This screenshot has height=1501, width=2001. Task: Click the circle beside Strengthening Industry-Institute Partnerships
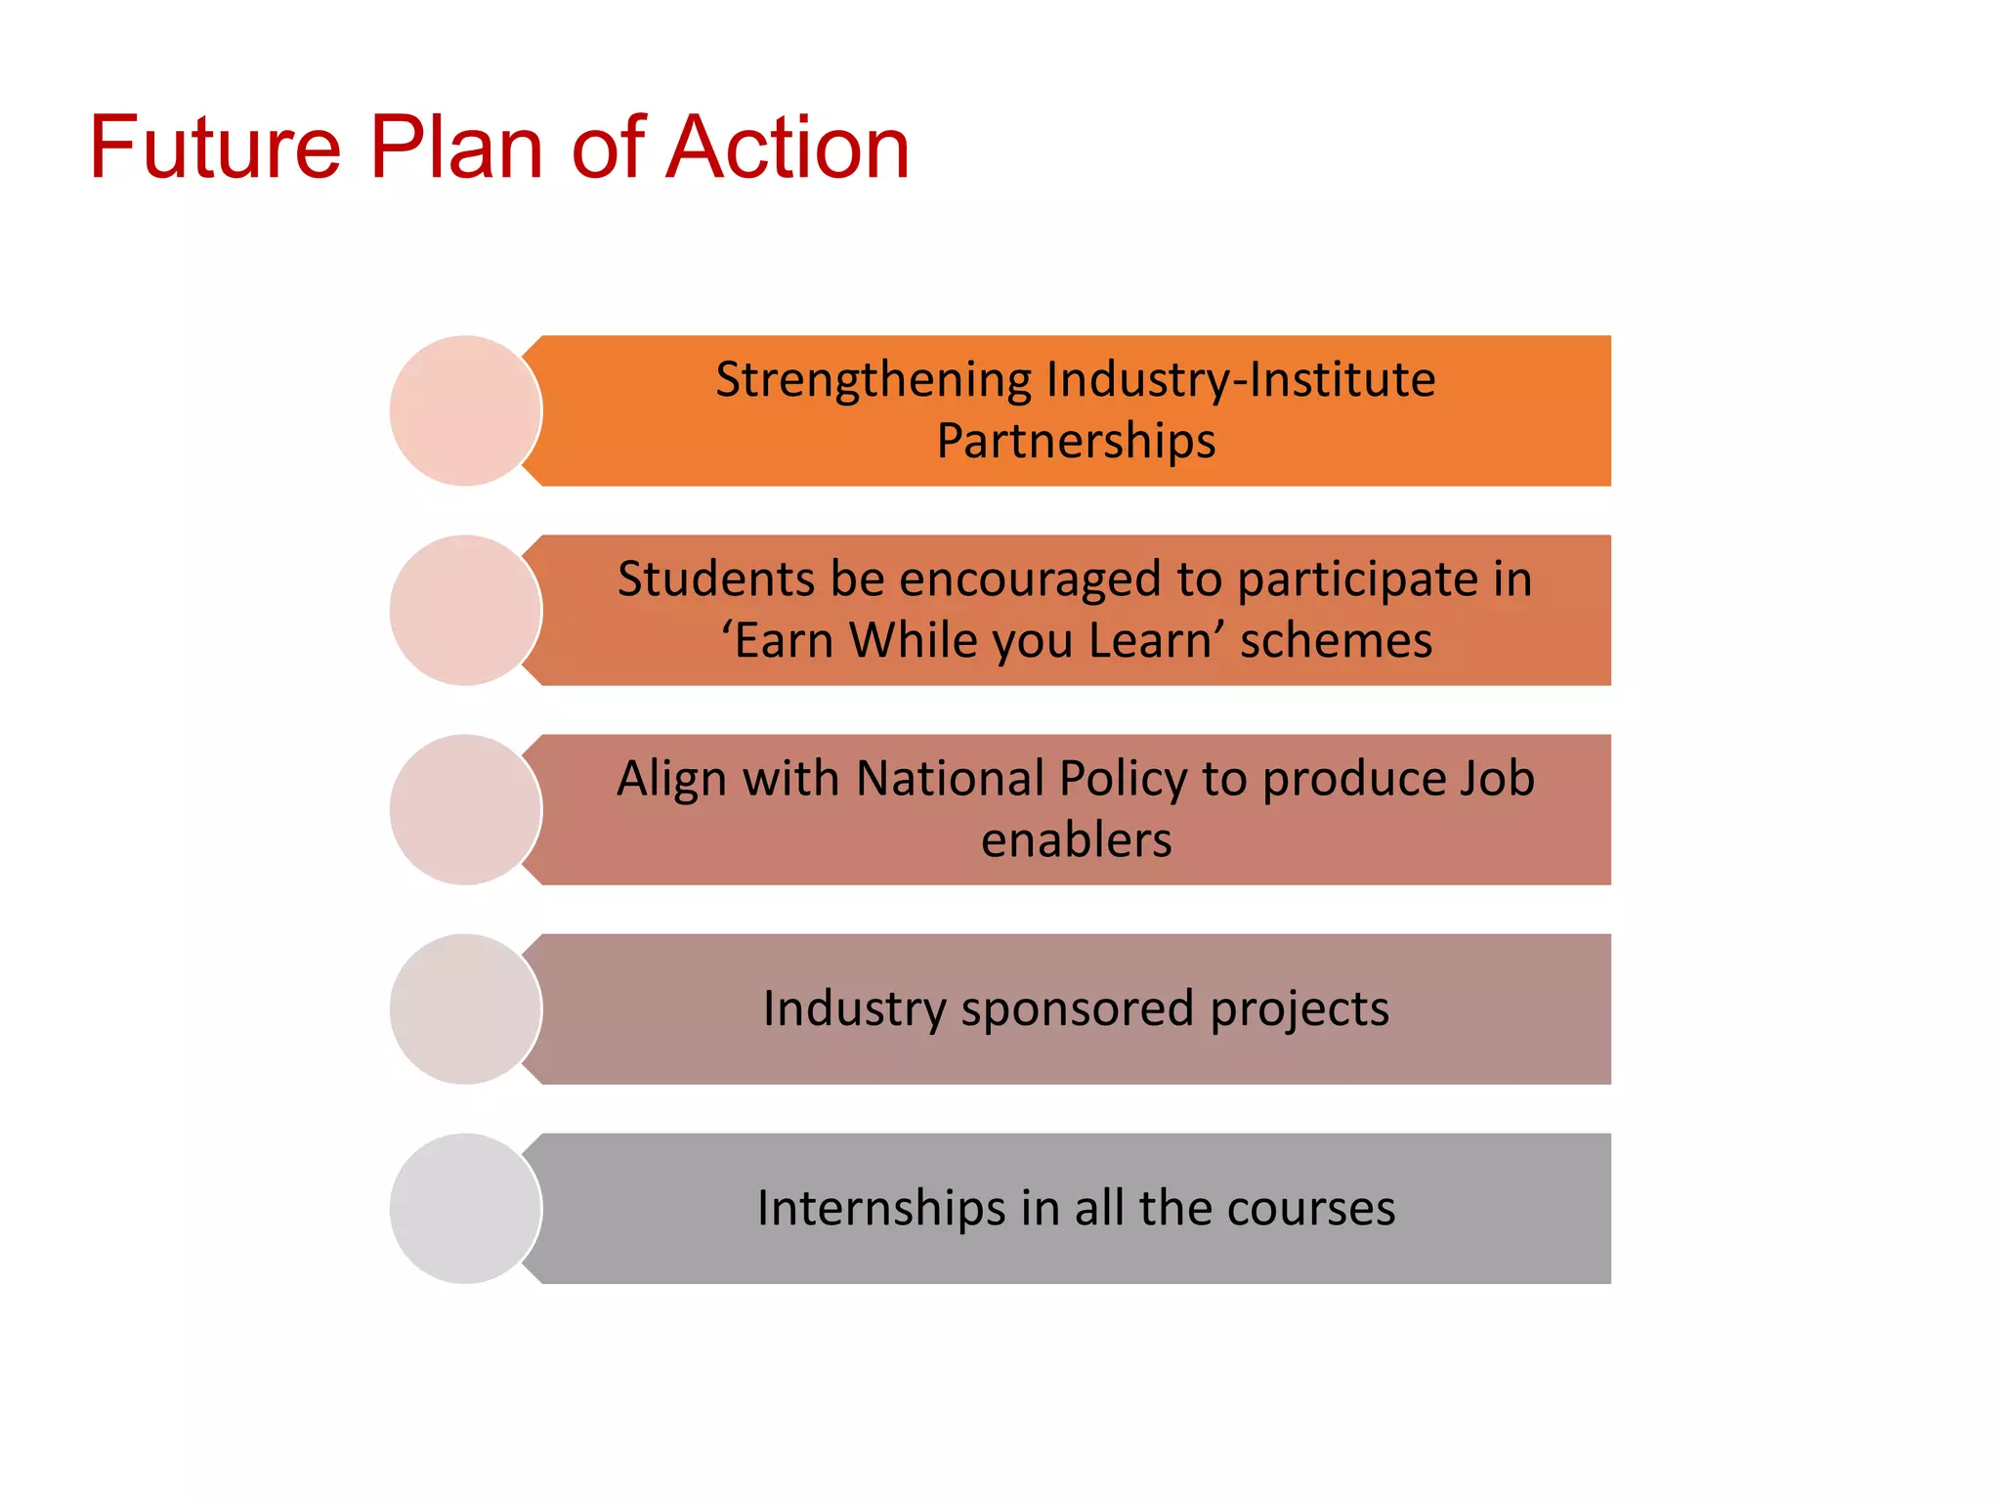[465, 410]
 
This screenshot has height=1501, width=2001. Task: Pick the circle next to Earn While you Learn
[465, 610]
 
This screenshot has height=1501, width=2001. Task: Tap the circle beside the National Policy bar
[465, 809]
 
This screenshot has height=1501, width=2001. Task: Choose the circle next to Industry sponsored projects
[465, 1008]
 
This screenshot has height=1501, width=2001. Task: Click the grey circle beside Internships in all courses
[465, 1208]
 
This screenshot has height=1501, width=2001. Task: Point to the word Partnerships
[1076, 441]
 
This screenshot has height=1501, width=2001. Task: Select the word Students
[716, 579]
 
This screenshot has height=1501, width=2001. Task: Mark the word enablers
[1076, 840]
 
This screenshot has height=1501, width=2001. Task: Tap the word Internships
[881, 1208]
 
